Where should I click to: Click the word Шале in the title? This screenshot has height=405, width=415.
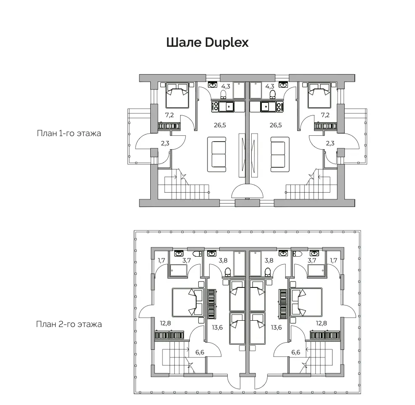[184, 43]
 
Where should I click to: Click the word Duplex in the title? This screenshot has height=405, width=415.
[227, 43]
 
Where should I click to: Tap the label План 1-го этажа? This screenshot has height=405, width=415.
[69, 133]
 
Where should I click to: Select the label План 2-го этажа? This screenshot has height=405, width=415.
[69, 324]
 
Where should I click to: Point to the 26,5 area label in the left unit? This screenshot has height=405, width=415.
[220, 125]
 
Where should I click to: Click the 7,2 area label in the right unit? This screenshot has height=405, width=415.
[325, 115]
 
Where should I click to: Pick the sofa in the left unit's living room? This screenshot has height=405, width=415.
[216, 154]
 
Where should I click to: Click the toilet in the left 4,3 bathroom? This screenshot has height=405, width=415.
[223, 94]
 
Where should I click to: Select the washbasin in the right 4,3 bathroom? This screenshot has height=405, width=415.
[283, 85]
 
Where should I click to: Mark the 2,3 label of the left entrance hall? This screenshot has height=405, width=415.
[165, 143]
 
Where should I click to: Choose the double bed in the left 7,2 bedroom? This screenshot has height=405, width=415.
[177, 95]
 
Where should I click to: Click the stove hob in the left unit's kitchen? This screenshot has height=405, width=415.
[215, 107]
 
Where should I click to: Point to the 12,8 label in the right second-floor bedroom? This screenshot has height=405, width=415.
[321, 323]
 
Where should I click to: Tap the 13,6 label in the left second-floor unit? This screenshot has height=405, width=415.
[217, 327]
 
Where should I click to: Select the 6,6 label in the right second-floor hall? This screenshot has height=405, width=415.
[295, 352]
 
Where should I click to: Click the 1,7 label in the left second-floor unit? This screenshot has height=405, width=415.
[162, 260]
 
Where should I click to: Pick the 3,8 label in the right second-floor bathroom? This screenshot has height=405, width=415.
[269, 260]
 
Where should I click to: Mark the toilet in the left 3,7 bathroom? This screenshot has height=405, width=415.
[197, 254]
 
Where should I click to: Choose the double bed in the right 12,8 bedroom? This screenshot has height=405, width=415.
[306, 303]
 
